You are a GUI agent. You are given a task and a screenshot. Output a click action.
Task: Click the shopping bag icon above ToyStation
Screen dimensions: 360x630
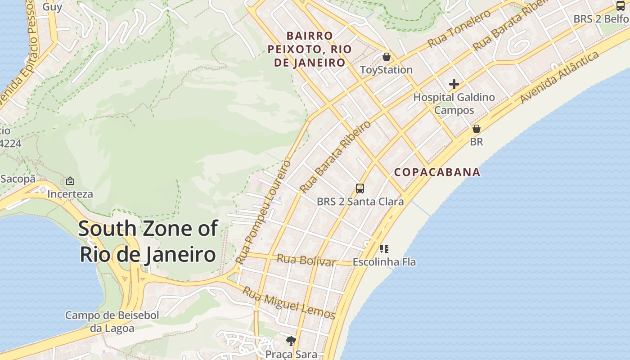click(x=386, y=57)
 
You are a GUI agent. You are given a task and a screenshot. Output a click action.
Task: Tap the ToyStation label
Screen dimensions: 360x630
click(x=386, y=70)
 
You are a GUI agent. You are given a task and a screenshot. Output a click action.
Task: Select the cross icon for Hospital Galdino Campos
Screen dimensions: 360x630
click(x=454, y=84)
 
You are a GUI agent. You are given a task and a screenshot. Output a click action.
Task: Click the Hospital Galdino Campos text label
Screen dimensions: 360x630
click(x=454, y=103)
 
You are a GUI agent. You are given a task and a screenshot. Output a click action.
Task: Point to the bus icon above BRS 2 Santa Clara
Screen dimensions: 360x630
click(x=360, y=189)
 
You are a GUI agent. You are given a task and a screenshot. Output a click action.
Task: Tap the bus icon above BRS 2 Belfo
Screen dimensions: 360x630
click(x=620, y=6)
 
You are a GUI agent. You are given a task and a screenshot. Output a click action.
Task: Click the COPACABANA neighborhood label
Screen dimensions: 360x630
click(x=437, y=172)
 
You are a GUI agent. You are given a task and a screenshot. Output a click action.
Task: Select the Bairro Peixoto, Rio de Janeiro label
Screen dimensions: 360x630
click(x=310, y=49)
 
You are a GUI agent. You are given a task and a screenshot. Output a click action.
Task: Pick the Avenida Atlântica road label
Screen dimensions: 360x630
click(x=559, y=77)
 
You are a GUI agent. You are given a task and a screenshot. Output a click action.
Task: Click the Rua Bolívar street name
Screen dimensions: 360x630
click(x=306, y=260)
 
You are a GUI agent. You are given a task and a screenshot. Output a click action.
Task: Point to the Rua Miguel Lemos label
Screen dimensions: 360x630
click(x=289, y=303)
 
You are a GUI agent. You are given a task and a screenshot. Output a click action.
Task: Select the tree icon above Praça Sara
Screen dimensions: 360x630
click(x=291, y=341)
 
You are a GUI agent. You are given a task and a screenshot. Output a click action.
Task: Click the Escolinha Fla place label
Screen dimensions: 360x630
click(x=384, y=261)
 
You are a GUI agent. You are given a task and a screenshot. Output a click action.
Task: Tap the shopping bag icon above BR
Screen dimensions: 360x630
click(x=476, y=129)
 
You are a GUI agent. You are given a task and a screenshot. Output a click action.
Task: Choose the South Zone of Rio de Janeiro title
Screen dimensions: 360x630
click(x=148, y=241)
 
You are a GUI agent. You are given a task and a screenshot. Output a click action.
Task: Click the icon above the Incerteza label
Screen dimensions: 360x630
click(x=70, y=181)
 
